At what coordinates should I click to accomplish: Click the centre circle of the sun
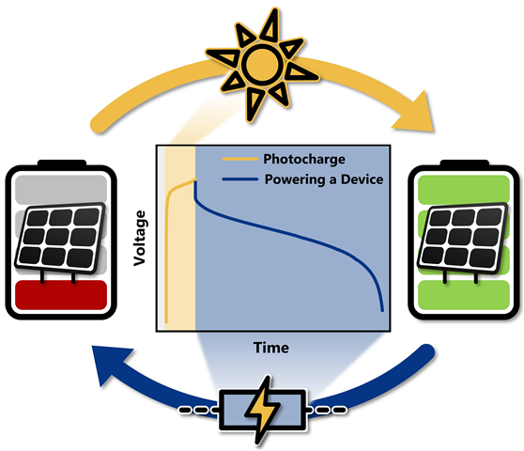coord(262,64)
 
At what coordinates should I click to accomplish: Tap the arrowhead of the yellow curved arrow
coord(417,113)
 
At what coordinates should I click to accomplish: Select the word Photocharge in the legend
coord(304,159)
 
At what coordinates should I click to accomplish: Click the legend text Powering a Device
coord(324,179)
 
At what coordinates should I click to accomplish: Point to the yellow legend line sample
coord(240,159)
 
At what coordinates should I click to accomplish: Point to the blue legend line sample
coord(240,179)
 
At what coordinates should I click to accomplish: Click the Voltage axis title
coord(139,238)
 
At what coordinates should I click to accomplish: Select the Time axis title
coord(271,348)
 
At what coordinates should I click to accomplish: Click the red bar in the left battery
coord(61,295)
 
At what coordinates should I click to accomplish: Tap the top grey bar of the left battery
coord(61,189)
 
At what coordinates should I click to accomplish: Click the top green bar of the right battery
coord(464,189)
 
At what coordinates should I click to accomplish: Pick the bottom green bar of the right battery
coord(464,295)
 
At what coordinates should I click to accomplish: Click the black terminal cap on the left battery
coord(62,163)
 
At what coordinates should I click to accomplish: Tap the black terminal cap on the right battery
coord(465,163)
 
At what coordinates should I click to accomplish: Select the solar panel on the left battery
coord(60,238)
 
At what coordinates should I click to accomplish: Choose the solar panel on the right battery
coord(463,238)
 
